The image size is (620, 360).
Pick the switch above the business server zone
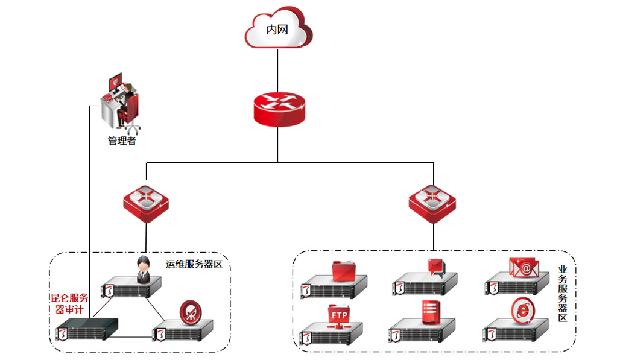coord(432,203)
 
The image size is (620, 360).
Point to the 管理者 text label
coord(122,141)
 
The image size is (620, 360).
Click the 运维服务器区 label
coord(194,264)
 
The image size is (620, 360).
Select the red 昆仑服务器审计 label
coord(69,303)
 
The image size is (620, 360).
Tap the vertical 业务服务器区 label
coord(563,294)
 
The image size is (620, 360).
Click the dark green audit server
coord(88,329)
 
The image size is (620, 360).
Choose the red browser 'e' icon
coord(522,310)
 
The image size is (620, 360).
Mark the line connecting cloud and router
coord(277,69)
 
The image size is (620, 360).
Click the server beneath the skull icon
coord(183,331)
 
